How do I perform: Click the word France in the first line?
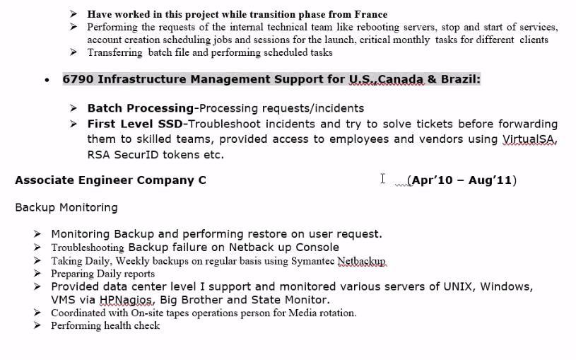(369, 14)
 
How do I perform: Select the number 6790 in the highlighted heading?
(77, 79)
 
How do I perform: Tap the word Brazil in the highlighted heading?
(459, 79)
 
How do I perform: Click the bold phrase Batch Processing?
(140, 108)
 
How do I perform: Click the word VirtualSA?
(529, 139)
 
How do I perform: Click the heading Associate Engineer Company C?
(110, 180)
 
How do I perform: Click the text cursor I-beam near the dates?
(382, 179)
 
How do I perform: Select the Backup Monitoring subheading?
(66, 207)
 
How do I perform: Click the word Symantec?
(312, 261)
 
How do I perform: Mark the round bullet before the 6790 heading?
(47, 80)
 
